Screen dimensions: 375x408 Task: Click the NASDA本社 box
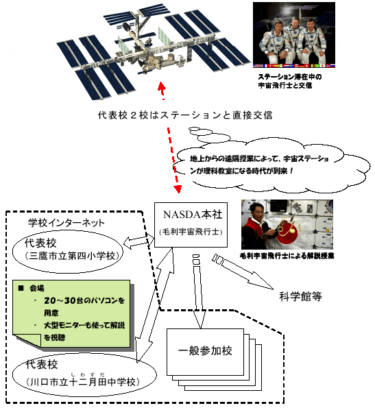pos(191,225)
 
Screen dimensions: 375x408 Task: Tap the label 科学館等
pos(300,296)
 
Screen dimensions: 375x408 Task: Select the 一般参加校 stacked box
pos(214,359)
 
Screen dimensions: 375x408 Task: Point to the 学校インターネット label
pos(66,223)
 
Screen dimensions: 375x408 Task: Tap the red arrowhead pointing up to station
pos(162,86)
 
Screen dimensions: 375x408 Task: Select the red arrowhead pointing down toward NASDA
pos(178,189)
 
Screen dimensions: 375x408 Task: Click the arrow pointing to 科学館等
pos(243,272)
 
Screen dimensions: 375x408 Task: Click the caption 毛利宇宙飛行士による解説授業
pos(287,256)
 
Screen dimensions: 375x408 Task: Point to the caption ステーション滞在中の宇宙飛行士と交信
pos(290,81)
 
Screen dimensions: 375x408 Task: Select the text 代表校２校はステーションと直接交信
pos(185,115)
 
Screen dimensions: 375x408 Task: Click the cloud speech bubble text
pos(259,165)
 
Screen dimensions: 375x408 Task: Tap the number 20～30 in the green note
pos(60,301)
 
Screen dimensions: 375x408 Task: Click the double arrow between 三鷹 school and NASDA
pos(138,241)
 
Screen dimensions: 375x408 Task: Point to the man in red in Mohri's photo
pos(258,226)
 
